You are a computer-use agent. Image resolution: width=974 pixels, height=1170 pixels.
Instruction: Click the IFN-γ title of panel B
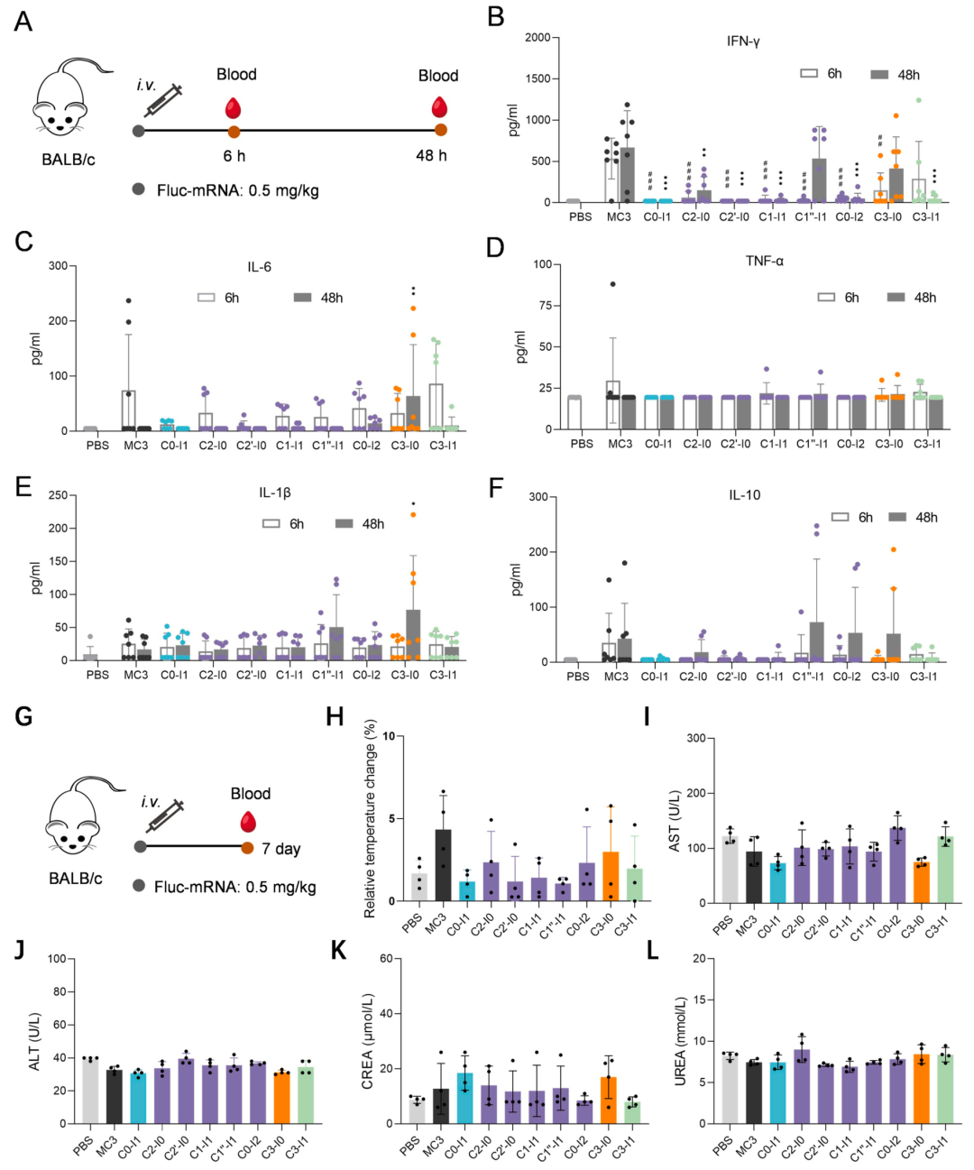coord(743,41)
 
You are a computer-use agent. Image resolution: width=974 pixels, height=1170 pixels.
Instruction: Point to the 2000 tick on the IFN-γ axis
coord(537,38)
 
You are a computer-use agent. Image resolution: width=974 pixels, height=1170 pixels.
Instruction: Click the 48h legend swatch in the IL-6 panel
coord(303,298)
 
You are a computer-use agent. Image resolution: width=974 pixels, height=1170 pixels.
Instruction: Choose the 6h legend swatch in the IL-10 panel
coord(840,517)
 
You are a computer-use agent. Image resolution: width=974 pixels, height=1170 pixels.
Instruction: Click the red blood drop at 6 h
coord(234,109)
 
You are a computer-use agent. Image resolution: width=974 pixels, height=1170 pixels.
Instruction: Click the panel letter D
coord(494,247)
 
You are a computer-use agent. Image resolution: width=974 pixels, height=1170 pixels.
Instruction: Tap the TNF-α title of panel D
coord(764,261)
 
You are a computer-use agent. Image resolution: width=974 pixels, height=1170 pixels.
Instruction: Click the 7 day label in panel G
coord(281,849)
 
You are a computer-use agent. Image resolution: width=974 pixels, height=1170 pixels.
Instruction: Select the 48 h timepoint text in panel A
coord(431,155)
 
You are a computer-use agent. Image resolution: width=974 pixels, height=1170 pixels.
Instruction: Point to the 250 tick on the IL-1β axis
coord(58,495)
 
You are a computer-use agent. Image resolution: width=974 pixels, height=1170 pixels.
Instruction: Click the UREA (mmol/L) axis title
coord(680,1041)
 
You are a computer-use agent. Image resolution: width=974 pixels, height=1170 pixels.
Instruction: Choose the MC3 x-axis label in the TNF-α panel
coord(620,444)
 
